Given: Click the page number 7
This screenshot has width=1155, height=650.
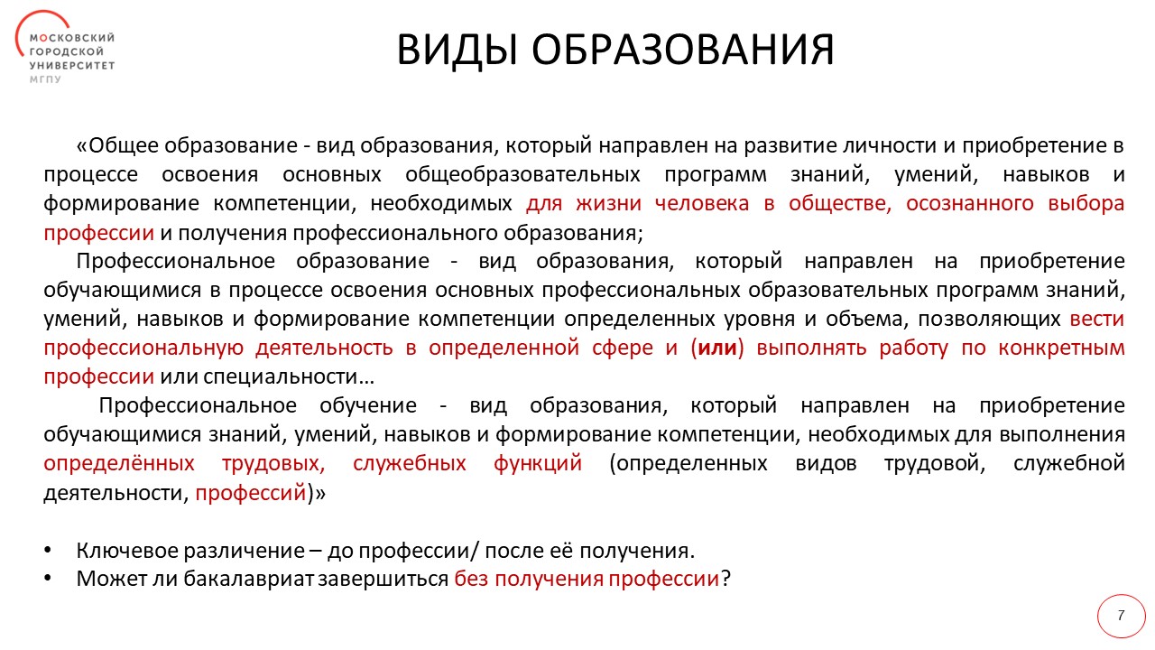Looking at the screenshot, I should coord(1121,616).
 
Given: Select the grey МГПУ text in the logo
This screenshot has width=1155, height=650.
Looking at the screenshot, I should coord(45,79).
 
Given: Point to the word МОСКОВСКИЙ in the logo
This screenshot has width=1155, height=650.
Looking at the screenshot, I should coord(72,38).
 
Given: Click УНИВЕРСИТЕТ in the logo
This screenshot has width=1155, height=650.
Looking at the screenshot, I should coord(72,66).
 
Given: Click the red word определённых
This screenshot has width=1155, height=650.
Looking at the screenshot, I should coord(119,463).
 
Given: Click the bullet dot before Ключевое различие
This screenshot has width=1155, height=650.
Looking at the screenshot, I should coord(47,551).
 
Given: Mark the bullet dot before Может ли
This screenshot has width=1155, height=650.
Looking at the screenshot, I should coord(47,580).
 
